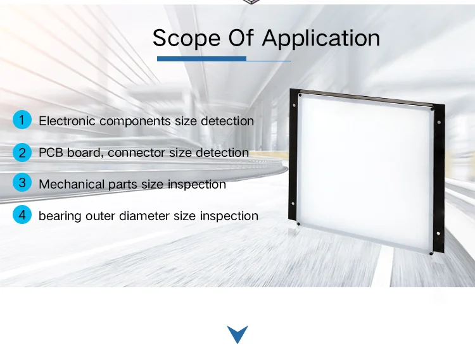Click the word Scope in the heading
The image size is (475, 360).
click(186, 38)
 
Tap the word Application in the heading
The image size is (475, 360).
click(321, 39)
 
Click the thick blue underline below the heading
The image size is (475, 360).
click(201, 59)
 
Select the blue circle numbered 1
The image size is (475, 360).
click(22, 120)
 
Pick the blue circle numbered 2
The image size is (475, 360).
click(22, 152)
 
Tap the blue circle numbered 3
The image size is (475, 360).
click(22, 182)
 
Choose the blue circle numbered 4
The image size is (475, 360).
click(22, 214)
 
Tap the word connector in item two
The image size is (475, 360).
click(136, 152)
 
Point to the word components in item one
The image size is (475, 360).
click(135, 121)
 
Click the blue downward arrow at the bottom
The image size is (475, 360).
click(237, 334)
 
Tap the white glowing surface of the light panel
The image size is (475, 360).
click(365, 173)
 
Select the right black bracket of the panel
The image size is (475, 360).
click(439, 178)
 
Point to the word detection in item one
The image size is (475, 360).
click(227, 121)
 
